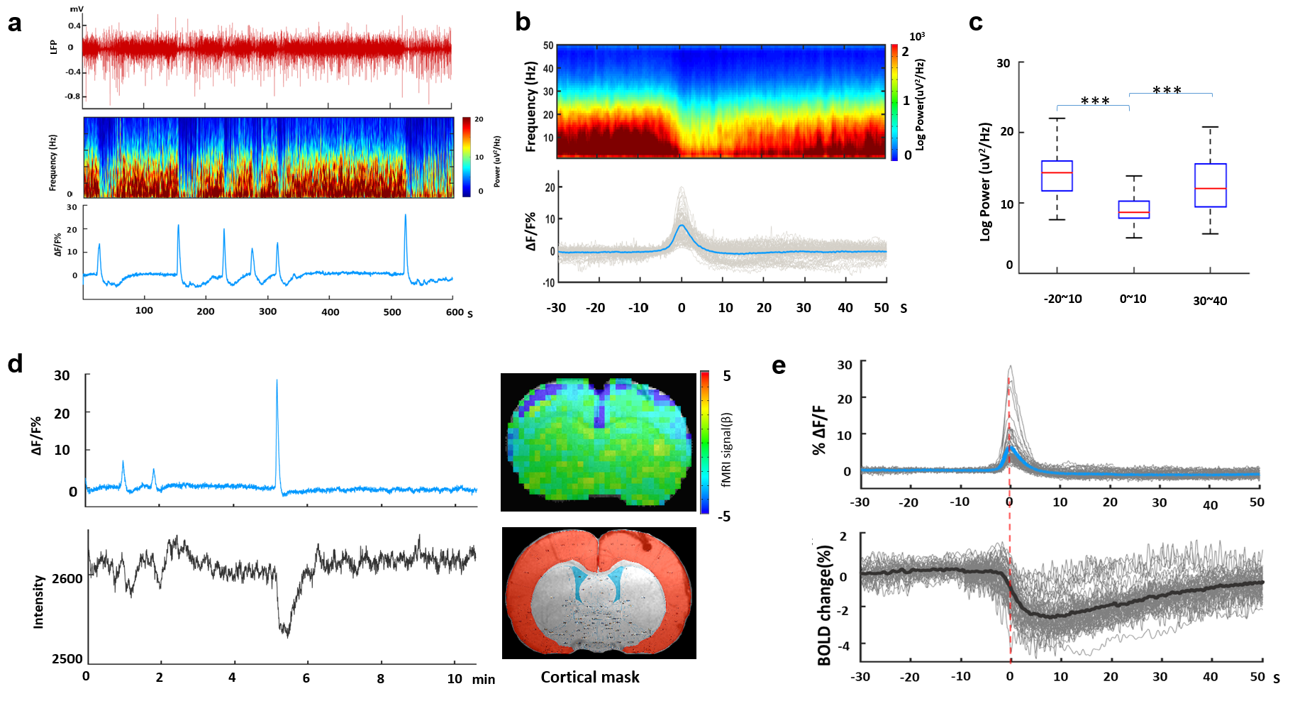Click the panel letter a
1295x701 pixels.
14,23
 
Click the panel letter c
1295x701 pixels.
976,23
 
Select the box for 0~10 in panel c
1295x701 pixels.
1133,209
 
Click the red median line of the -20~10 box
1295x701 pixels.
1057,172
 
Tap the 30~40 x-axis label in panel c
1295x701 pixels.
1210,301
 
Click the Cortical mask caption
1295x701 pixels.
590,677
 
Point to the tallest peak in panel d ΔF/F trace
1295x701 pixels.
277,381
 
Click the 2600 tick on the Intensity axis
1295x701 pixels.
67,578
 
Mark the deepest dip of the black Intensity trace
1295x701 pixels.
287,635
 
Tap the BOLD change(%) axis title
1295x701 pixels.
824,605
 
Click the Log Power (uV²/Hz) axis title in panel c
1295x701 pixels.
985,182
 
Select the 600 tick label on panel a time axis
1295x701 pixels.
455,311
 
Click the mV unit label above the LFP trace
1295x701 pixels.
77,9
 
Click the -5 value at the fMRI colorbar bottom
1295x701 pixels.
723,516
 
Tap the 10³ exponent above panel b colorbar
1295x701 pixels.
917,36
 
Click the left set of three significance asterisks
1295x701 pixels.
1095,101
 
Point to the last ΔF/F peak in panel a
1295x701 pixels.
405,216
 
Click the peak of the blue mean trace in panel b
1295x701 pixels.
682,226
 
